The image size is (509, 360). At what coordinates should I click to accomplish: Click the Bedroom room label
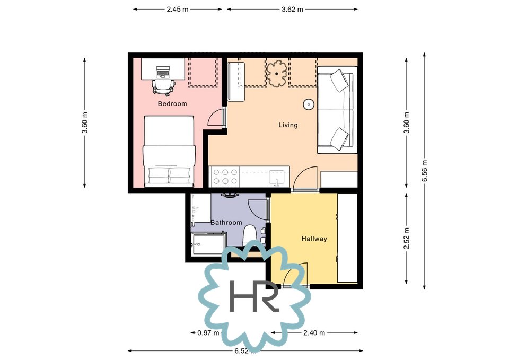pos(172,104)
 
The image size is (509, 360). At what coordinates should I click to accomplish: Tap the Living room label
pos(288,125)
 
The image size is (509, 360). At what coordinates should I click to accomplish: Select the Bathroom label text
pos(226,223)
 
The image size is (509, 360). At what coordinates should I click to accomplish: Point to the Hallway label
pos(314,239)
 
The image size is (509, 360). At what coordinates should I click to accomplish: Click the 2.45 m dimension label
pos(178,10)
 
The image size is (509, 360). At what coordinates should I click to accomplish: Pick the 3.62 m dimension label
pos(292,10)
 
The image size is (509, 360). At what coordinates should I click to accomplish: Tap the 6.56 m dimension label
pos(425,171)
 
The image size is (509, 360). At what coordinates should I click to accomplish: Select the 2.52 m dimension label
pos(407,238)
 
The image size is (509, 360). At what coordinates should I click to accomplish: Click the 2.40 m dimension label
pos(314,333)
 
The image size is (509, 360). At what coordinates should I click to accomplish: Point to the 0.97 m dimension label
pos(208,333)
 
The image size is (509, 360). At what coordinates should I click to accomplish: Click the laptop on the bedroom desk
pos(163,72)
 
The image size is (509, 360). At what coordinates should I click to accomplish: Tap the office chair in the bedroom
pos(164,87)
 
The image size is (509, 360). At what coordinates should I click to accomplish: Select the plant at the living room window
pos(277,74)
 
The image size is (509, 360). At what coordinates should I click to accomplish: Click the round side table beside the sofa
pos(309,104)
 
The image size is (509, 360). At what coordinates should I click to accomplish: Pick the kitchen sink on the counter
pos(277,178)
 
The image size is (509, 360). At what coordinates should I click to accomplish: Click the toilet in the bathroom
pos(250,234)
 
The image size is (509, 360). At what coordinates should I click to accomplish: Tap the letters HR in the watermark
pos(254,296)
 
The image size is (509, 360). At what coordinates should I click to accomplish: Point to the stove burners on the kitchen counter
pos(225,177)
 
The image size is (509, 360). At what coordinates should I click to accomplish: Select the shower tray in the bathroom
pos(208,243)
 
